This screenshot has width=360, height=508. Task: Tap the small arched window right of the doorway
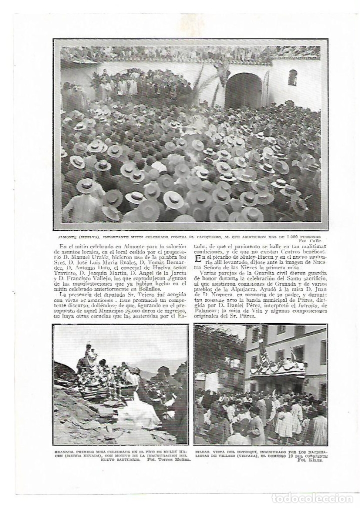(292, 77)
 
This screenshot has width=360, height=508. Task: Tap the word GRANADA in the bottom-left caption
(63, 451)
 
